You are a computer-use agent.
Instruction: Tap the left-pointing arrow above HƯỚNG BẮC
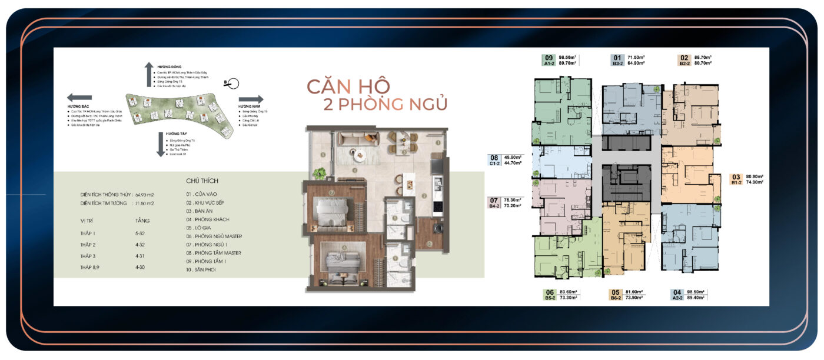pyautogui.click(x=79, y=98)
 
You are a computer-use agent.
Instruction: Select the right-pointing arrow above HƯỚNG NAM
pyautogui.click(x=251, y=99)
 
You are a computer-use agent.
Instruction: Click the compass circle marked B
pyautogui.click(x=232, y=83)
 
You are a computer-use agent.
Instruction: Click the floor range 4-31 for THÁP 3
pyautogui.click(x=140, y=256)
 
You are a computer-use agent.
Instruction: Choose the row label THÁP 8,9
pyautogui.click(x=91, y=267)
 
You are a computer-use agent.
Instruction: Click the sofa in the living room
pyautogui.click(x=358, y=139)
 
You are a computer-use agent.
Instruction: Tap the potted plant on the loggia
pyautogui.click(x=320, y=173)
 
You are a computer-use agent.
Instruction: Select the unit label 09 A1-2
pyautogui.click(x=549, y=60)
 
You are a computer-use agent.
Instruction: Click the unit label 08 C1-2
pyautogui.click(x=494, y=161)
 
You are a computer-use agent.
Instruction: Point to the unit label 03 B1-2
pyautogui.click(x=735, y=179)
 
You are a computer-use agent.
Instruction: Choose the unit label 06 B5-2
pyautogui.click(x=550, y=295)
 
